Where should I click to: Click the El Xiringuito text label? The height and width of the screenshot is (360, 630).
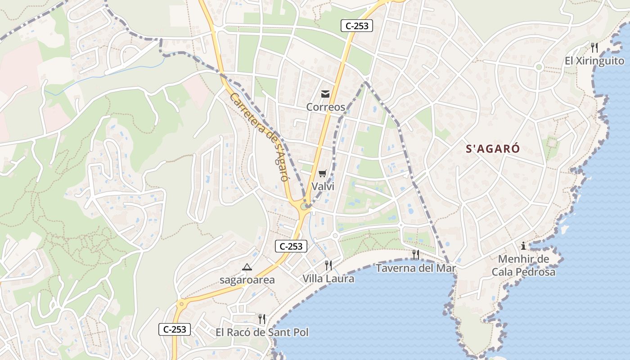tap(595, 61)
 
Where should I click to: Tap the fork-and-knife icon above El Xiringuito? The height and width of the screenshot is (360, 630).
tap(594, 47)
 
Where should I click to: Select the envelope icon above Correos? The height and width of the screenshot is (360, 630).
tap(325, 94)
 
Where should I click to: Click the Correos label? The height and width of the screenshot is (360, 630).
tap(325, 107)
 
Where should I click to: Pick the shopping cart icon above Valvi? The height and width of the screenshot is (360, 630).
tap(322, 173)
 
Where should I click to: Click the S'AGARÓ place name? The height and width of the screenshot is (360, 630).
tap(493, 149)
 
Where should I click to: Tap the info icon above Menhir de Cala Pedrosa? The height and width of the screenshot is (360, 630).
tap(523, 246)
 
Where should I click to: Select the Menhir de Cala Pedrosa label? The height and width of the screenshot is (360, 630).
tap(523, 265)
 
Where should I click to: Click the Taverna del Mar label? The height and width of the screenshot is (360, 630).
tap(416, 269)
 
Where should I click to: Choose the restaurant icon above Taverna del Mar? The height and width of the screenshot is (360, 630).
tap(415, 255)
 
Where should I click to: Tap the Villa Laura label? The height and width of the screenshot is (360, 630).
tap(328, 279)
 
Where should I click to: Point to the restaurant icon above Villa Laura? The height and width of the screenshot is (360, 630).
tap(328, 265)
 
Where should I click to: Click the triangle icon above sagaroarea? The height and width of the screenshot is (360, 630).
tap(247, 267)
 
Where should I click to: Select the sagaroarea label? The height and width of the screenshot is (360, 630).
tap(247, 280)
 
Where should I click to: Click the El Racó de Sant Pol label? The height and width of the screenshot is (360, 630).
tap(262, 333)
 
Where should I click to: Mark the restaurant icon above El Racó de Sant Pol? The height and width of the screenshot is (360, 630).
tap(262, 319)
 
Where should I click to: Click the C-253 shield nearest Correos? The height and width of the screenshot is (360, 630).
tap(357, 26)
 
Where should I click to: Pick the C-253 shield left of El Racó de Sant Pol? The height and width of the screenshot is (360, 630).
tap(175, 329)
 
